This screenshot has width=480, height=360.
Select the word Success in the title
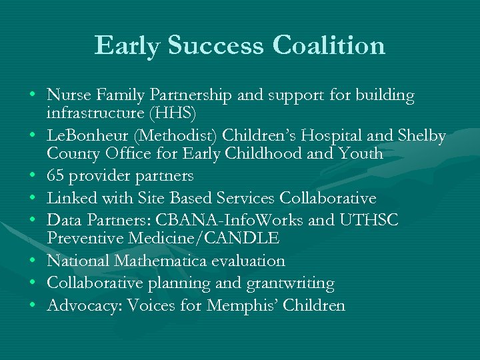[x=217, y=46]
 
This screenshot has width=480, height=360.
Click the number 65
[x=56, y=176]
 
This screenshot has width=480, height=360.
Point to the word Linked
[x=70, y=199]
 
